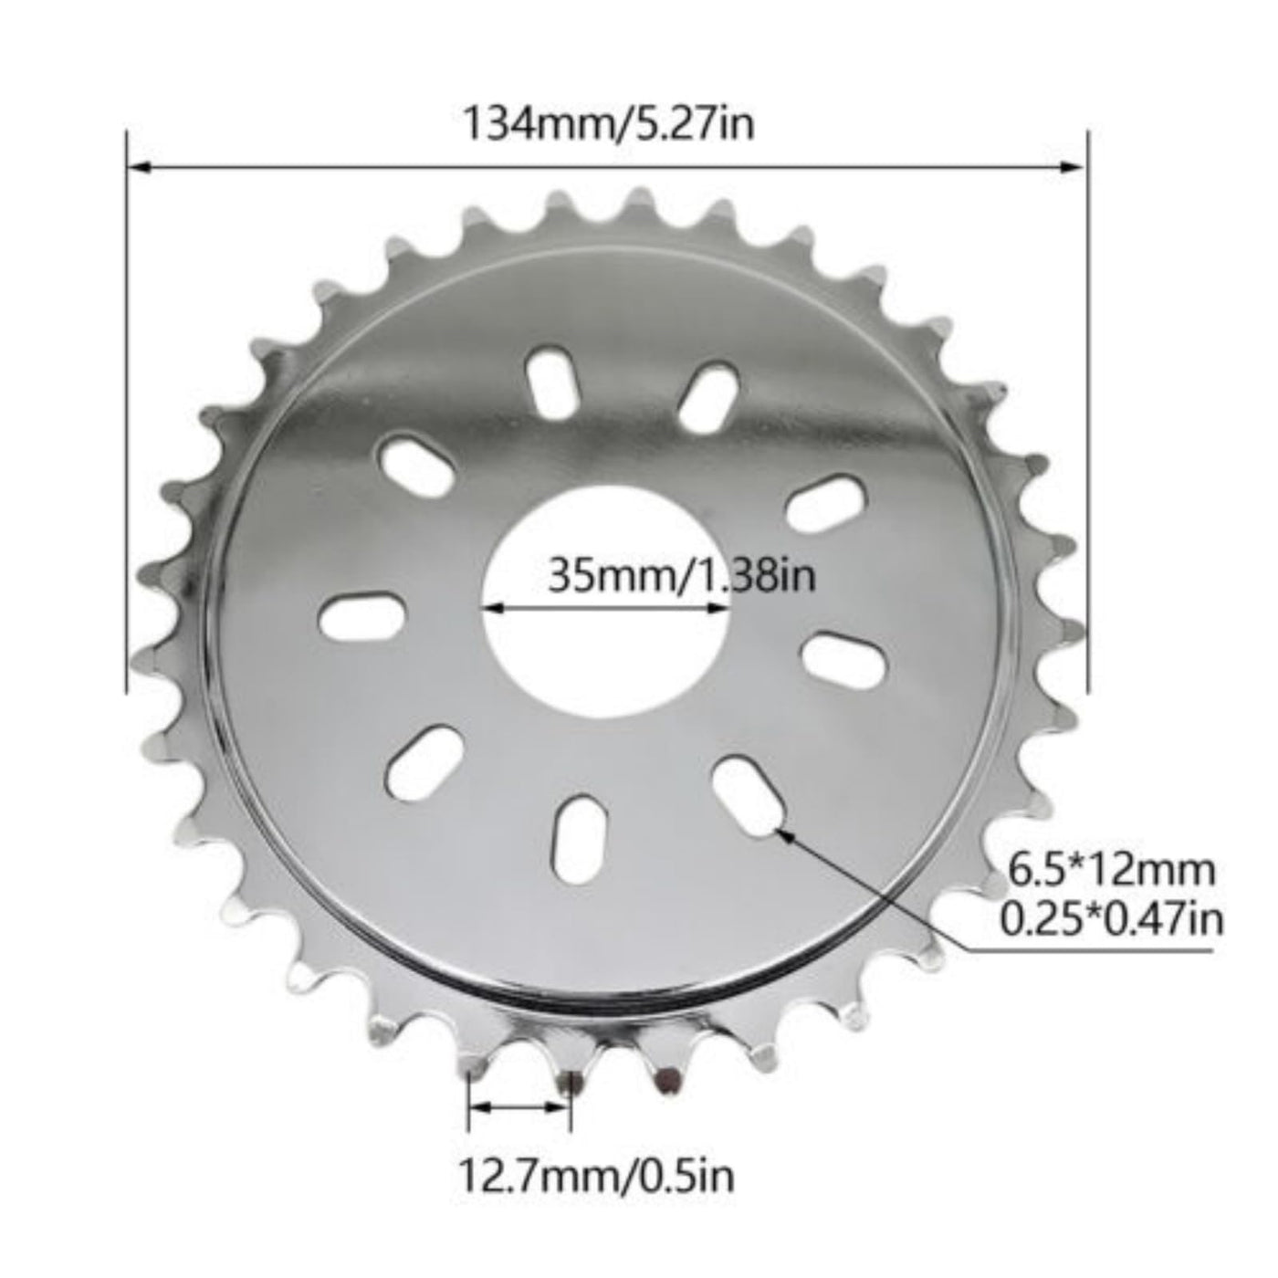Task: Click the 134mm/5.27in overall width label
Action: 610,124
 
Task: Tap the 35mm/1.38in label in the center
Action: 680,576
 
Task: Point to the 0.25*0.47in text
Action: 1112,919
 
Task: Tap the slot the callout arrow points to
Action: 750,786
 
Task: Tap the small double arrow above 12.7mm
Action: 518,1107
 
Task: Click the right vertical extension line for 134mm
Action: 1086,411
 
